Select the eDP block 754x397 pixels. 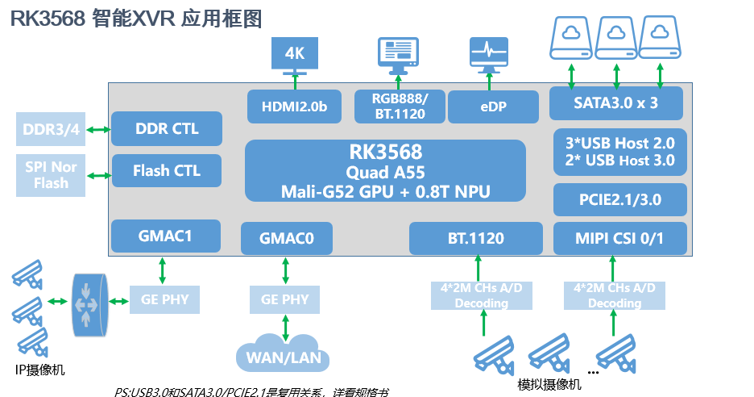point(492,107)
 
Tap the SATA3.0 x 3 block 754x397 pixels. point(616,103)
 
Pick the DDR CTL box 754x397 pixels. point(166,129)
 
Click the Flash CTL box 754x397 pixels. point(166,170)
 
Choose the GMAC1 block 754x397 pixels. point(166,236)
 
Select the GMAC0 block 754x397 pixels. point(286,239)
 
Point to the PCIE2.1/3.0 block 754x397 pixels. point(620,198)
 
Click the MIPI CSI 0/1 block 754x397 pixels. point(620,238)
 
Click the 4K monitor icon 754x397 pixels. point(295,55)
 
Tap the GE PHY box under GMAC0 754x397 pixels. point(285,299)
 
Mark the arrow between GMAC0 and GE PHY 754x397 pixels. point(285,270)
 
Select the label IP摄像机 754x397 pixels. point(40,370)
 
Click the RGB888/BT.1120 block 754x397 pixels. point(400,107)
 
